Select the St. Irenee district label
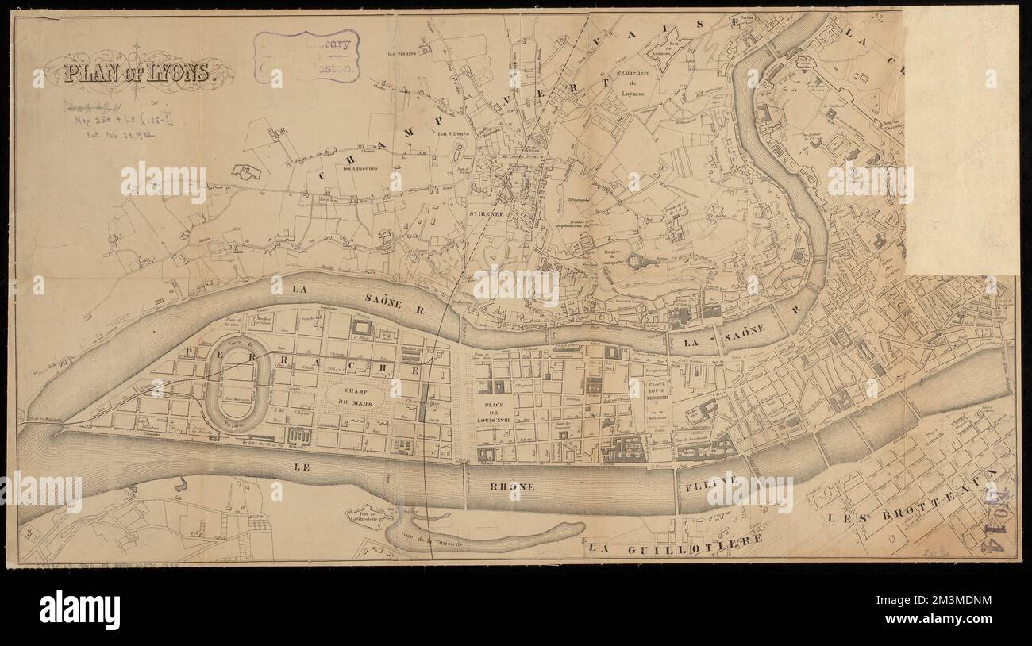pos(483,214)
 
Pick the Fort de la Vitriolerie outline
pos(367,517)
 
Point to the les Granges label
pos(402,55)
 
